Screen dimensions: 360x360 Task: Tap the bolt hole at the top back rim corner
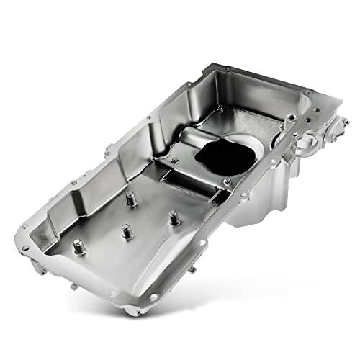coord(228,69)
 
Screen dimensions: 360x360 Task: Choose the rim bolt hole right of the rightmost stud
coord(245,195)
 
